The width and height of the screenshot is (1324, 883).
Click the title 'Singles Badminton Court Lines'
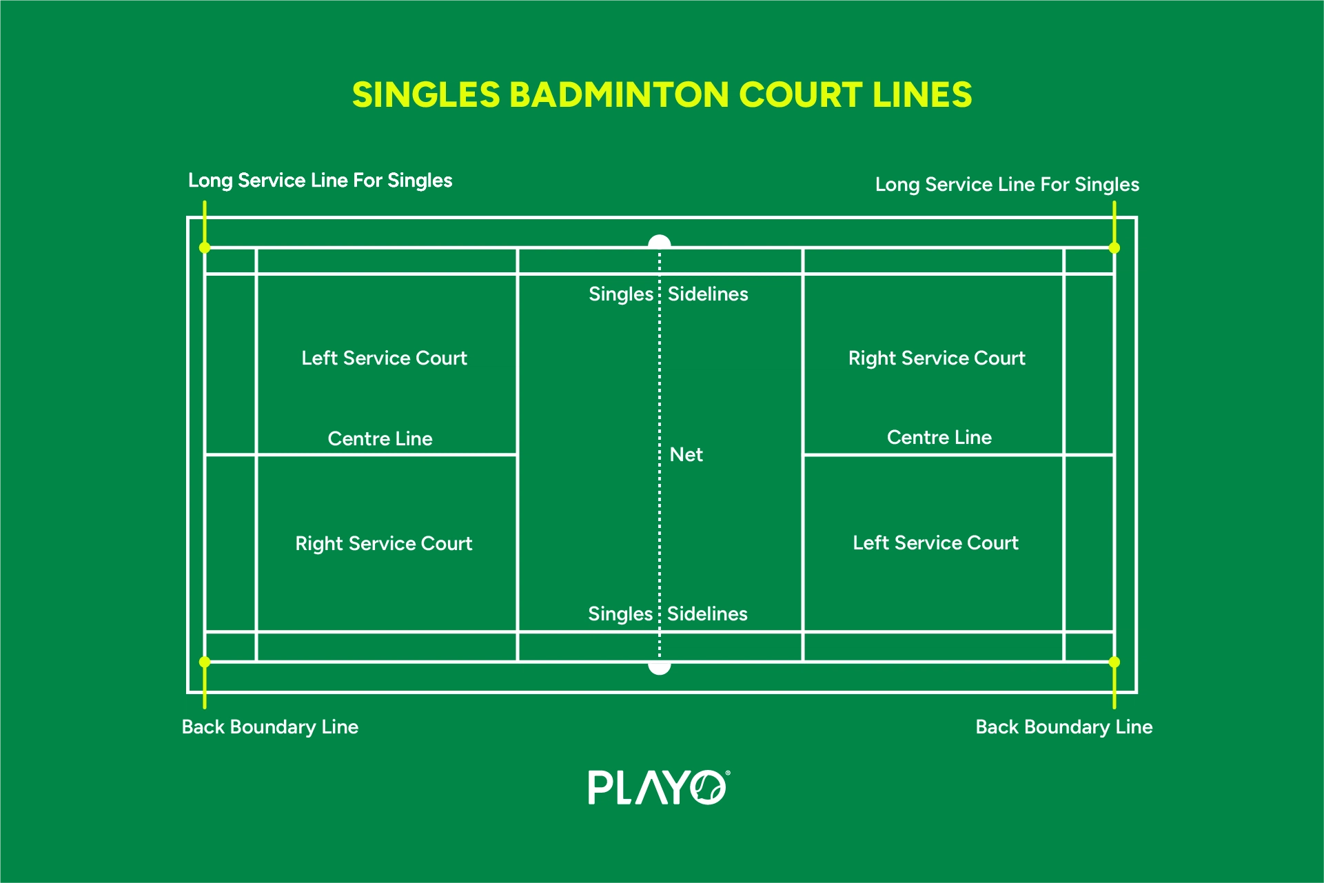pos(662,95)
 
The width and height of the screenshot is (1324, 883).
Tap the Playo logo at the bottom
pos(658,787)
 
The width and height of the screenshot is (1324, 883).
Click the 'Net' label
pos(686,455)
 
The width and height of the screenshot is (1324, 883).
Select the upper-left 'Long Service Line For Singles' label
pos(320,181)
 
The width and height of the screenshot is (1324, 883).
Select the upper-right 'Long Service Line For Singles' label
pos(1007,185)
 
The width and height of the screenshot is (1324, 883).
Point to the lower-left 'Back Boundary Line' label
pos(269,727)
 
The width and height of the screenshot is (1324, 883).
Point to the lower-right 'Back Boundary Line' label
pos(1063,727)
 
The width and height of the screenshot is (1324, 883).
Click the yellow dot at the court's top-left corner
pos(205,247)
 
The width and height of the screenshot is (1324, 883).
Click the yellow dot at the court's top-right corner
pos(1114,247)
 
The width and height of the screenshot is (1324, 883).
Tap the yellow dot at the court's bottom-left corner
pos(205,662)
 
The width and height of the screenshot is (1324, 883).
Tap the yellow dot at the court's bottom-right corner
pos(1114,662)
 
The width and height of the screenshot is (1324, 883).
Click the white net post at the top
pos(660,241)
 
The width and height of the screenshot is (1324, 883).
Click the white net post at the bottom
pos(660,668)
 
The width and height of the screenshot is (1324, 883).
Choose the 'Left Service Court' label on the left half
pos(384,358)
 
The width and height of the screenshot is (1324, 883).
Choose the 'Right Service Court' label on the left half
pos(384,544)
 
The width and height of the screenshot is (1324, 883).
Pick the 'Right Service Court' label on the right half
pos(937,358)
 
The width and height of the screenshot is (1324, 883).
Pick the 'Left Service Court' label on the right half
pos(935,543)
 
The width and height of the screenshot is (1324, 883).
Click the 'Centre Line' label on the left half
pos(380,439)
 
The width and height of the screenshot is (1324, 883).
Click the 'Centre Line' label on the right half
pos(939,438)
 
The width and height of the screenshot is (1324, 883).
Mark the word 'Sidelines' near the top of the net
pos(708,294)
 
